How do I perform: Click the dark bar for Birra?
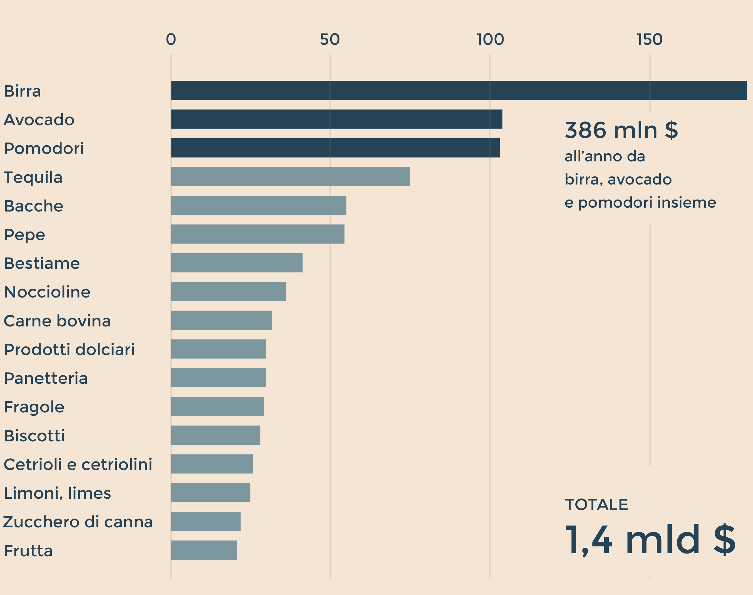[x=459, y=90]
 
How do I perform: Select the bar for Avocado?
[x=336, y=119]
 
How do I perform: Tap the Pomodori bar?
[x=335, y=148]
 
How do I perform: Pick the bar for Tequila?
[x=290, y=177]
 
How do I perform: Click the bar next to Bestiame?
[x=236, y=263]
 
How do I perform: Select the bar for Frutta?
[x=204, y=550]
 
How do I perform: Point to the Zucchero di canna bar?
[x=205, y=521]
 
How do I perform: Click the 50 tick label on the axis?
[x=330, y=39]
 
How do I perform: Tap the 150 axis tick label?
[x=649, y=39]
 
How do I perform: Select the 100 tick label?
[x=490, y=39]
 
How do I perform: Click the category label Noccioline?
[x=47, y=292]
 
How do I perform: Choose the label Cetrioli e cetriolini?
[x=78, y=464]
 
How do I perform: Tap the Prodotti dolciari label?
[x=69, y=350]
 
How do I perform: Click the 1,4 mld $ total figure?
[x=650, y=540]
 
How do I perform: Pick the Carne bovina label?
[x=57, y=321]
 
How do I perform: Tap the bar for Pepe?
[x=257, y=234]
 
